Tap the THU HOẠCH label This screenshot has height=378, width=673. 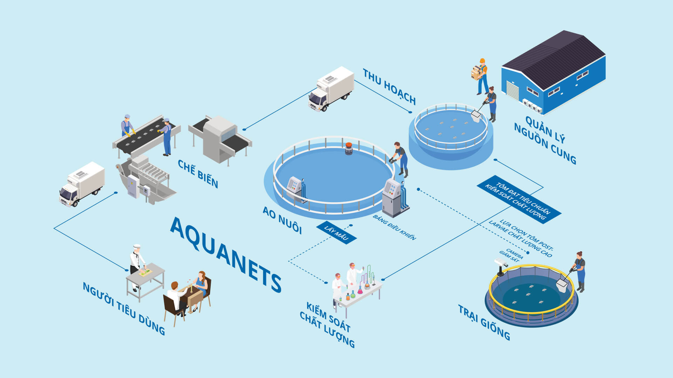389,87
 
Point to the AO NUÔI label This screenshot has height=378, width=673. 282,220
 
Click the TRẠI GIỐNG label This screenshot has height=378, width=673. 484,322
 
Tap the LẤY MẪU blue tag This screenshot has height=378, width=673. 336,233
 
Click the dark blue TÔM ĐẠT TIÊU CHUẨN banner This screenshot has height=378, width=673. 519,199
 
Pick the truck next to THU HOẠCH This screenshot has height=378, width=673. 331,89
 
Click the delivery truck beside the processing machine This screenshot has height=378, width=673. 82,184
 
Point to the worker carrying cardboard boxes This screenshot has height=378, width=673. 480,76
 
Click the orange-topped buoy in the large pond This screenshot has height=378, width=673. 349,148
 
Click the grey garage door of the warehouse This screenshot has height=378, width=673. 512,90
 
